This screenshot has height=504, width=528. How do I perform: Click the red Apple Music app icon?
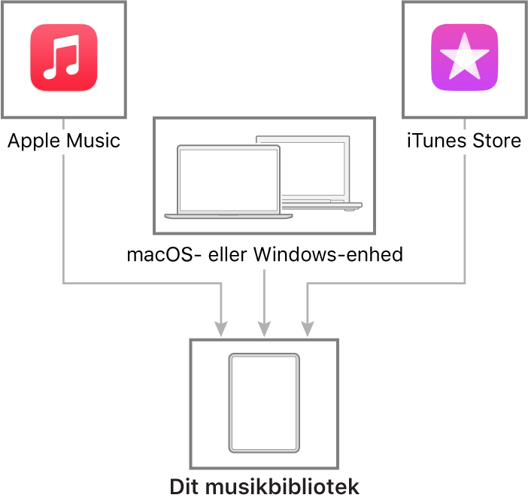point(64,58)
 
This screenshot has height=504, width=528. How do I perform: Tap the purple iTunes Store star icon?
point(464,58)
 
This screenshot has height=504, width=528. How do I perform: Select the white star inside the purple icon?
point(464,57)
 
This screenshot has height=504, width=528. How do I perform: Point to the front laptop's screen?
point(228,179)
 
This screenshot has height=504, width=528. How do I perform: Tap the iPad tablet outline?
point(264,403)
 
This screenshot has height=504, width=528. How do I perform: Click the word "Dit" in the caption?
point(184,486)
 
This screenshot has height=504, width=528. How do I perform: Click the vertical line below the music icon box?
point(63,218)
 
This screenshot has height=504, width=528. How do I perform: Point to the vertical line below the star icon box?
point(465,218)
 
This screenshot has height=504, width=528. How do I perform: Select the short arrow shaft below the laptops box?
point(264,293)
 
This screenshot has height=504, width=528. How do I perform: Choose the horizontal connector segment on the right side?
point(386,283)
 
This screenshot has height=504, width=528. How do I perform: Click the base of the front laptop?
point(228,216)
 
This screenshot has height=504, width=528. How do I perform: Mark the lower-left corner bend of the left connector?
point(63,283)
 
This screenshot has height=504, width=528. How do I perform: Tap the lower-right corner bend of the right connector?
point(465,283)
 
